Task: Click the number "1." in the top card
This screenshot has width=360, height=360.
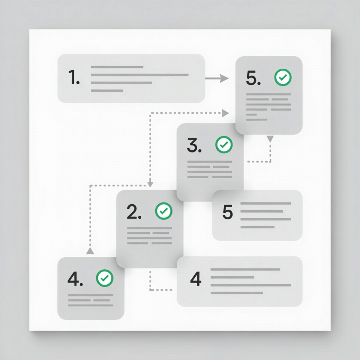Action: pyautogui.click(x=74, y=77)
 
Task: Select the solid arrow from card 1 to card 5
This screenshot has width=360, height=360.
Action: pyautogui.click(x=217, y=78)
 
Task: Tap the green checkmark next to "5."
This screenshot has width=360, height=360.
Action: pyautogui.click(x=283, y=77)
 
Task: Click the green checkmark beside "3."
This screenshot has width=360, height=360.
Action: pyautogui.click(x=224, y=145)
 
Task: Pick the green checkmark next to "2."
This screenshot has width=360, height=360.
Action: pyautogui.click(x=164, y=211)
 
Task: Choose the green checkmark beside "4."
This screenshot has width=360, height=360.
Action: pyautogui.click(x=105, y=278)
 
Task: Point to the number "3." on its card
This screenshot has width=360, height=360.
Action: pyautogui.click(x=194, y=145)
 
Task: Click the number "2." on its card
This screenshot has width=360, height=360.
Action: pyautogui.click(x=134, y=211)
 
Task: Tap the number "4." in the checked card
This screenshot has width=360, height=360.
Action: pyautogui.click(x=75, y=279)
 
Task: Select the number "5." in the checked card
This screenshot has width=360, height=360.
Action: pyautogui.click(x=253, y=78)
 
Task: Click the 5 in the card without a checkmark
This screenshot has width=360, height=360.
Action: pyautogui.click(x=228, y=211)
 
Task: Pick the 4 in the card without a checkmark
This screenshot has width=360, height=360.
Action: pyautogui.click(x=196, y=279)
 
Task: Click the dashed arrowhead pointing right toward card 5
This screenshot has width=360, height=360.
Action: pyautogui.click(x=225, y=113)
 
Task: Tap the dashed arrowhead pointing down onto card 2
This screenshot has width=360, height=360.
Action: pyautogui.click(x=150, y=184)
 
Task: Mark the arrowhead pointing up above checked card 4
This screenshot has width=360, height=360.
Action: pyautogui.click(x=90, y=251)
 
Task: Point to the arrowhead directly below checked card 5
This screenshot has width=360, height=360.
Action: pyautogui.click(x=270, y=139)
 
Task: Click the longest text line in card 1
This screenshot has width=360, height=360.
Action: pyautogui.click(x=139, y=75)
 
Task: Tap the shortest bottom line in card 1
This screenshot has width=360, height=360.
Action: pyautogui.click(x=107, y=91)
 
